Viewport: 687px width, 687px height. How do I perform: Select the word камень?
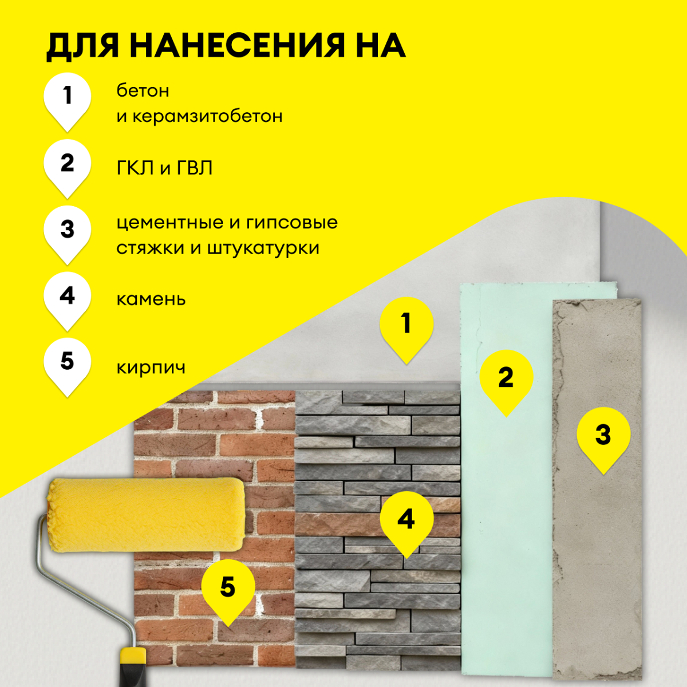(x=151, y=299)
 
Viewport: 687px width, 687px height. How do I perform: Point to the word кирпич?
(x=151, y=368)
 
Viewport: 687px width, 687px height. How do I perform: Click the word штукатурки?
(x=263, y=248)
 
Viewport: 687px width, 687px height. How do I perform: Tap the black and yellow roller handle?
(x=133, y=668)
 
